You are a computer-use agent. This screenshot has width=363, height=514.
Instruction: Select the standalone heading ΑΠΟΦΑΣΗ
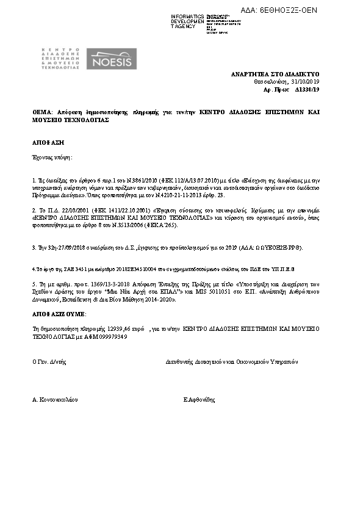point(49,142)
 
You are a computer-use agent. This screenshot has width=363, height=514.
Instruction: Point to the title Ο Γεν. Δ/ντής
point(49,361)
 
